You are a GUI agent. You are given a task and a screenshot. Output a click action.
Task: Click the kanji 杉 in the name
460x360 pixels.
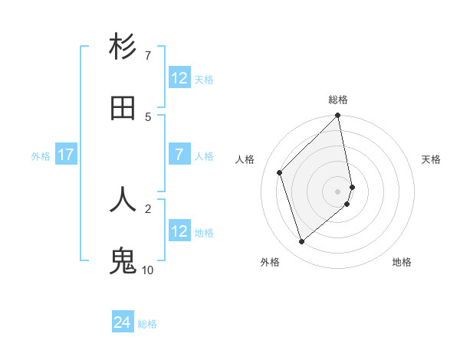pyautogui.click(x=123, y=47)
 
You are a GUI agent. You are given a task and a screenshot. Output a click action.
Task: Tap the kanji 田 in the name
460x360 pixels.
pyautogui.click(x=123, y=109)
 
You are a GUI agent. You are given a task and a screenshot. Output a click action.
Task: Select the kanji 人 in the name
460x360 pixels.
pyautogui.click(x=123, y=199)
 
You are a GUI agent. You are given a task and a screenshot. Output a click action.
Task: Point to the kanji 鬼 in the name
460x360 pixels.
pyautogui.click(x=123, y=261)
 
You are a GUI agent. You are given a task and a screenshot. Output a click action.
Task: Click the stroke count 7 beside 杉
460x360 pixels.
pyautogui.click(x=148, y=56)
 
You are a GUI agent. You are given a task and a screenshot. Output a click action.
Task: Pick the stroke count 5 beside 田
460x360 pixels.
pyautogui.click(x=148, y=116)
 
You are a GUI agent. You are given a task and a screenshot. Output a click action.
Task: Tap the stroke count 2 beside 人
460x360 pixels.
pyautogui.click(x=148, y=208)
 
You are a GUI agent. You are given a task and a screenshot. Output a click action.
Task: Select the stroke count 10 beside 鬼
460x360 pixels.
pyautogui.click(x=148, y=270)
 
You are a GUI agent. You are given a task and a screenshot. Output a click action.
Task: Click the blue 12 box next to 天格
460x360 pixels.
pyautogui.click(x=179, y=78)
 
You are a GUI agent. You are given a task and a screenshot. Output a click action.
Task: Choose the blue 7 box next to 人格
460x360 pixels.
pyautogui.click(x=179, y=155)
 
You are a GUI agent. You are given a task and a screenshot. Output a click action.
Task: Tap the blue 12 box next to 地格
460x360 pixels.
pyautogui.click(x=179, y=231)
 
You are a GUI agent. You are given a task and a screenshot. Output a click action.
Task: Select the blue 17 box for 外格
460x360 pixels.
pyautogui.click(x=66, y=155)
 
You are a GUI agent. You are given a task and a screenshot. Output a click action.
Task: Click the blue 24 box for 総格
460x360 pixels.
pyautogui.click(x=123, y=322)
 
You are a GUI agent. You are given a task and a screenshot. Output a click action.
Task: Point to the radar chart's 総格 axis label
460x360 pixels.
pyautogui.click(x=338, y=100)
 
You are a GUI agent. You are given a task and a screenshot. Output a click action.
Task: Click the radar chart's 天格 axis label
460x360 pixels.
pyautogui.click(x=432, y=159)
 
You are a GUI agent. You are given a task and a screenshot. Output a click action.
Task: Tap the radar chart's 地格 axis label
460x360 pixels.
pyautogui.click(x=402, y=262)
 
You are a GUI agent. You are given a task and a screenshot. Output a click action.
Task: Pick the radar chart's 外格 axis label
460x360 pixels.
pyautogui.click(x=270, y=262)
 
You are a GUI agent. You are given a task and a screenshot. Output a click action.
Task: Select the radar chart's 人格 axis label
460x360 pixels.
pyautogui.click(x=245, y=159)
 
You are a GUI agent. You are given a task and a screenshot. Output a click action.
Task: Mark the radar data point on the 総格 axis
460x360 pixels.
pyautogui.click(x=338, y=116)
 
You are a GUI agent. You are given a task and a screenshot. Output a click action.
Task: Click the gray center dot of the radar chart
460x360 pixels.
pyautogui.click(x=338, y=191)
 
